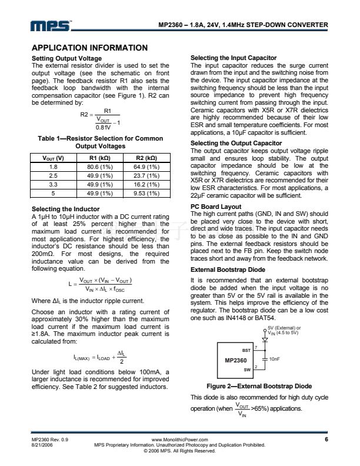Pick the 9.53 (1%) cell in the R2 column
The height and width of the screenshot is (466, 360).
(147, 192)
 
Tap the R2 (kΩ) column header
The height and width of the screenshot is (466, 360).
(147, 158)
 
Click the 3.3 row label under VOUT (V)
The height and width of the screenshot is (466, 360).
(54, 184)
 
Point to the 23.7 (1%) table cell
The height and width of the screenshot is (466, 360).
(147, 175)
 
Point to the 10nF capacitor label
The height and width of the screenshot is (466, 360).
(275, 358)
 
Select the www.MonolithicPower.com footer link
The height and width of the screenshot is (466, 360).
(179, 440)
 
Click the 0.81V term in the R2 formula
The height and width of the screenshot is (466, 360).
(104, 126)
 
